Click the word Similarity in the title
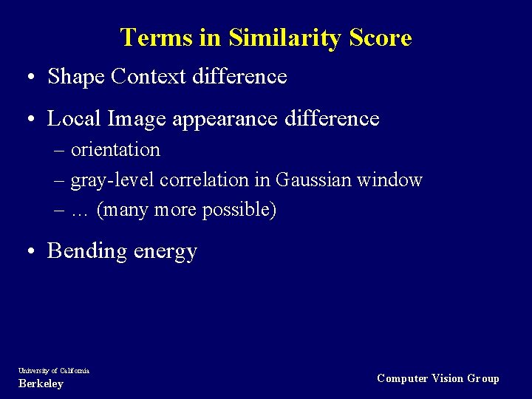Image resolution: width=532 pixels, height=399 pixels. [x=283, y=38]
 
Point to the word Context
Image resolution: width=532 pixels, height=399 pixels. [x=150, y=76]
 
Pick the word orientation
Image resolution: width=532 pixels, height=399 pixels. [x=115, y=150]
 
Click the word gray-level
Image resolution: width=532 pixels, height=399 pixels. [x=112, y=180]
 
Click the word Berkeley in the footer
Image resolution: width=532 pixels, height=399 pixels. [x=41, y=384]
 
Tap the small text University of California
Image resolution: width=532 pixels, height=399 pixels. [x=54, y=371]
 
